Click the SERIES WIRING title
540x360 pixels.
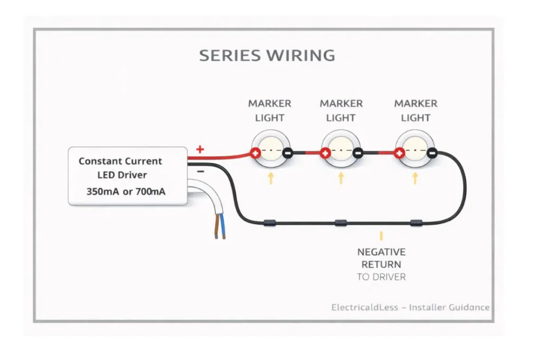click(267, 55)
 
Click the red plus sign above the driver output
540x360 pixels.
click(200, 149)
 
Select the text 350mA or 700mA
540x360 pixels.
click(126, 192)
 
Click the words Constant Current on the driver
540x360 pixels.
click(120, 161)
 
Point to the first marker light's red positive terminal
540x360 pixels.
click(255, 153)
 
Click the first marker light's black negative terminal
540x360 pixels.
click(287, 153)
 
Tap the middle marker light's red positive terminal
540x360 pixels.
click(325, 153)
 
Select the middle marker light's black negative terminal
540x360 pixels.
click(358, 153)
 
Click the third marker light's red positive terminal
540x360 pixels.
click(400, 153)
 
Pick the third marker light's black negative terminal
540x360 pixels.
click(431, 153)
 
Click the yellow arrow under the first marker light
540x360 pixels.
click(271, 178)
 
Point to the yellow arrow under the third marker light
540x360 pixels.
click(415, 178)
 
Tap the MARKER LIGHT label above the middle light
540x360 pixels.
click(341, 111)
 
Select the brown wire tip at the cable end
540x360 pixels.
click(216, 235)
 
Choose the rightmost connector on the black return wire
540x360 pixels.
click(417, 223)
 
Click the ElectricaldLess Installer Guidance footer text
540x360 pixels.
click(410, 307)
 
